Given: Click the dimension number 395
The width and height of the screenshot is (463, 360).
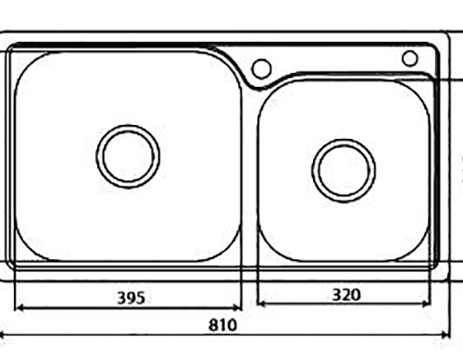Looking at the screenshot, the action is point(131,298).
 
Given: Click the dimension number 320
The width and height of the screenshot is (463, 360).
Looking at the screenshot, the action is point(346,294).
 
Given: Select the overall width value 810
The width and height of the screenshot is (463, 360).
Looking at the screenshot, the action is point(223,325).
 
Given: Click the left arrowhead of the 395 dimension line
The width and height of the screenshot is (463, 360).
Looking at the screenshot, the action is point(19,307).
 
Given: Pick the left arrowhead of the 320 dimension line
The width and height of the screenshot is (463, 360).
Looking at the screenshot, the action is point(262,304).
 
